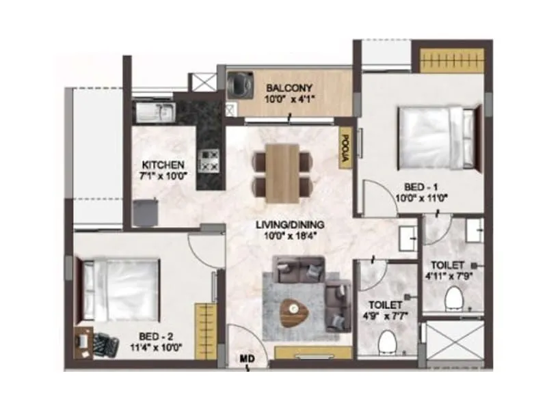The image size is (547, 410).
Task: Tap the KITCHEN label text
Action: [163, 165]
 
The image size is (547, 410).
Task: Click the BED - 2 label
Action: [155, 336]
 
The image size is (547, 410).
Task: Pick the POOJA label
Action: [345, 148]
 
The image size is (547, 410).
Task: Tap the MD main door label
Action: [247, 357]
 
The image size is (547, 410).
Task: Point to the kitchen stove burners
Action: [208, 161]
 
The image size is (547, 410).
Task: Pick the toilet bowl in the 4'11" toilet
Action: [454, 299]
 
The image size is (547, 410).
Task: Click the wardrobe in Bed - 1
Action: [448, 61]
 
